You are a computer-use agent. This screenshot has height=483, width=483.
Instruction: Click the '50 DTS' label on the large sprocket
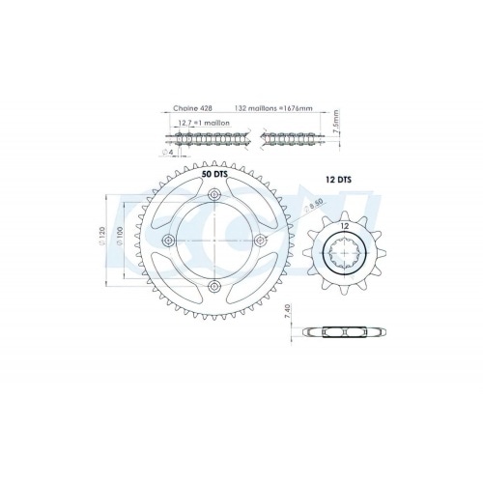click(215, 178)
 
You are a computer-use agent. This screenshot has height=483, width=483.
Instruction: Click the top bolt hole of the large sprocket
click(214, 198)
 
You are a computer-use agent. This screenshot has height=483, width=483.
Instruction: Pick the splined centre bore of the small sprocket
click(343, 256)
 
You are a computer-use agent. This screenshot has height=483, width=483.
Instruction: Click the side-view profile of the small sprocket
click(343, 331)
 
